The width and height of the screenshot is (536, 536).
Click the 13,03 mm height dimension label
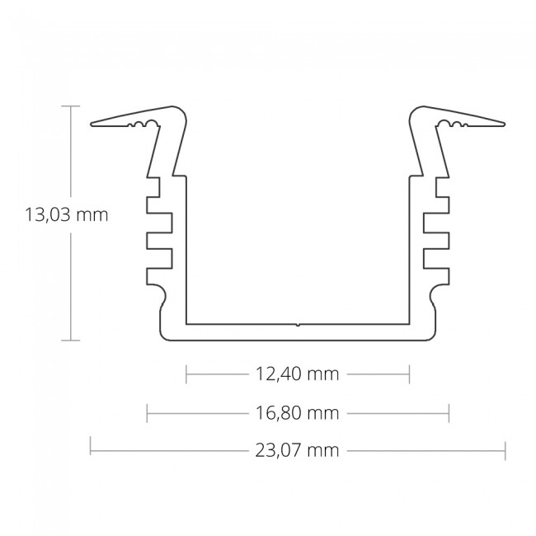point(66,215)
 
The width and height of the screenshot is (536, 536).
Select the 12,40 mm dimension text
point(297,374)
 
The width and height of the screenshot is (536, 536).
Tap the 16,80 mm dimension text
point(297,413)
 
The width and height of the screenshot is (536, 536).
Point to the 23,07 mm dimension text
point(297,450)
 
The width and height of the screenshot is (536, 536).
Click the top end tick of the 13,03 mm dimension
point(71,106)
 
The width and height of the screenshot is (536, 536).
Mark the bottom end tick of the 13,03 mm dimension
point(71,341)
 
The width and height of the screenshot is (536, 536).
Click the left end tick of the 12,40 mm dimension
point(186,374)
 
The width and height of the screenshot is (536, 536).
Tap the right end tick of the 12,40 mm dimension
point(409,374)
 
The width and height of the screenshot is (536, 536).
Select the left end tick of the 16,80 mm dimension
point(147,413)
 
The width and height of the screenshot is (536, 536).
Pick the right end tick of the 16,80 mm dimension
point(449,413)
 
